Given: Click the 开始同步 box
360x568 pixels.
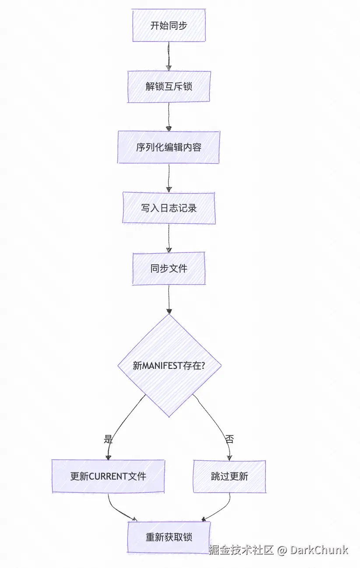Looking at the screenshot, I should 169,26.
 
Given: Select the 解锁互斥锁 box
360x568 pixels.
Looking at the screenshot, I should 169,87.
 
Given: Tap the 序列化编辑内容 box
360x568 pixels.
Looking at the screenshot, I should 169,147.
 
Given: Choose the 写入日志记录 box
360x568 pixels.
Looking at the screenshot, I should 169,208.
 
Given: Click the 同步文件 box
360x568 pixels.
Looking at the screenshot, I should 169,269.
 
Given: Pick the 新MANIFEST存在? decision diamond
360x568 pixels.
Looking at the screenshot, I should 169,366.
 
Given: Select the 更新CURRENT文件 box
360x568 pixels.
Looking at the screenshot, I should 108,476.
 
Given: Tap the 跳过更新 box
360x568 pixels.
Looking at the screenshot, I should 229,476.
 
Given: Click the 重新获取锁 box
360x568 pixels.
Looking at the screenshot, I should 169,537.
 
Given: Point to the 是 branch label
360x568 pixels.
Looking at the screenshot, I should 108,439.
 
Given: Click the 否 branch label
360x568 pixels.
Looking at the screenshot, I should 229,439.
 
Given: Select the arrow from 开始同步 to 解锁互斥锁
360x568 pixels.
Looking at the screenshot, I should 168,56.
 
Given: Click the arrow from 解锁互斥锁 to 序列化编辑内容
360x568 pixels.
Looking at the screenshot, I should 169,116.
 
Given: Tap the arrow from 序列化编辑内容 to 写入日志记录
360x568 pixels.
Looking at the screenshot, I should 169,177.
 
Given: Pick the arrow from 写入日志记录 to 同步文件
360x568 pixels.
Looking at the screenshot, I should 169,238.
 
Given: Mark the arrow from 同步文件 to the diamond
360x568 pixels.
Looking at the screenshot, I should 169,299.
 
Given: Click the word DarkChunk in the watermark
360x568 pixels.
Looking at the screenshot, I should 319,550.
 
